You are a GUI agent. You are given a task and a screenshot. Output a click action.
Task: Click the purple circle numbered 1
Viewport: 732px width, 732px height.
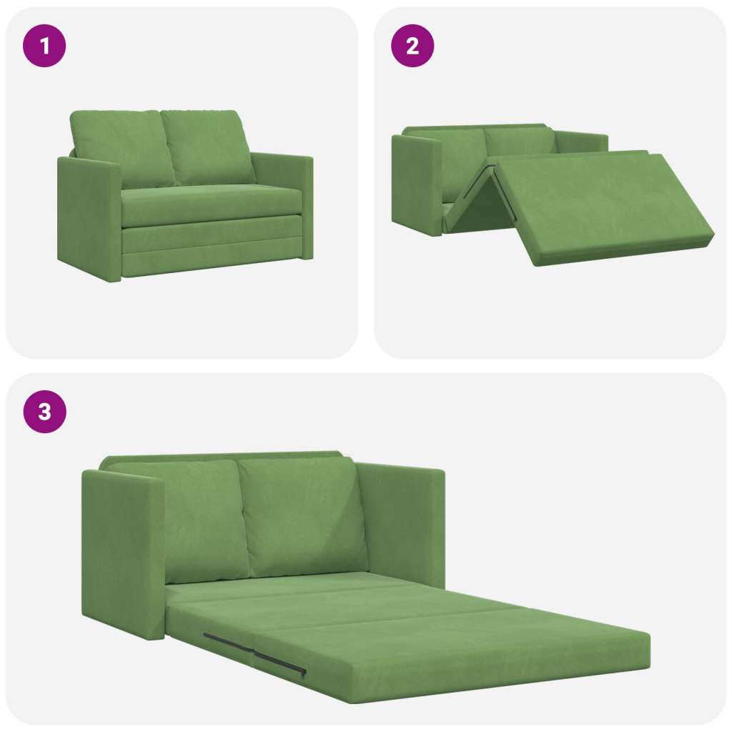[44, 46]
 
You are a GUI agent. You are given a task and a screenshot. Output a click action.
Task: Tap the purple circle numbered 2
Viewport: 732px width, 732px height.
[412, 46]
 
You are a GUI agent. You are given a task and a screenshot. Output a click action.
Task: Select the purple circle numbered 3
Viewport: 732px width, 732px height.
[44, 412]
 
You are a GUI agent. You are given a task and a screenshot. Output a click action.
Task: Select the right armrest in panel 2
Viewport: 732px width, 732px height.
[581, 142]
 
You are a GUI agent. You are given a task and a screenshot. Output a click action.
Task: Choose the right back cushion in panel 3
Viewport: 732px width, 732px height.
[303, 516]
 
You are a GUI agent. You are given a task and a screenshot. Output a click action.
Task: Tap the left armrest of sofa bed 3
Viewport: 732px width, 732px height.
[123, 553]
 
